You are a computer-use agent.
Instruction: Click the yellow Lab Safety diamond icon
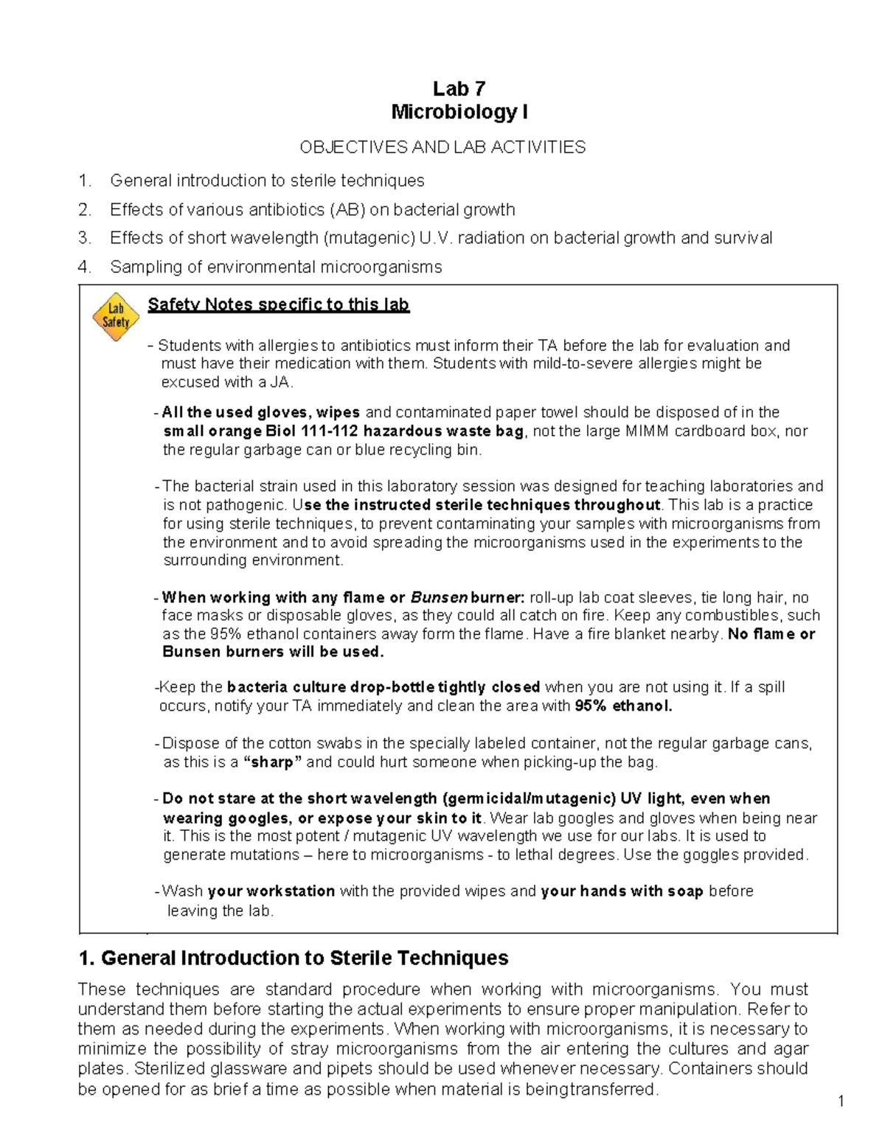tap(116, 317)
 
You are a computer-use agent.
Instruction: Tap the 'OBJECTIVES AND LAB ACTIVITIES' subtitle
tap(442, 147)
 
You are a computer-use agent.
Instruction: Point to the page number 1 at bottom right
tap(841, 1102)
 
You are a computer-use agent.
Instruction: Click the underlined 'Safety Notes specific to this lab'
tap(278, 304)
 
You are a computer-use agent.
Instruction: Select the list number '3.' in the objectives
tap(85, 238)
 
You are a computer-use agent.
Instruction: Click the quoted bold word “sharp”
tap(272, 762)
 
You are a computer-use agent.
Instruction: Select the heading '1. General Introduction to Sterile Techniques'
tap(293, 958)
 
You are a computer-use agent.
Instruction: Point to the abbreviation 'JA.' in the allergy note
tap(282, 382)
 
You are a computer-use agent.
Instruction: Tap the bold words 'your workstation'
tap(271, 891)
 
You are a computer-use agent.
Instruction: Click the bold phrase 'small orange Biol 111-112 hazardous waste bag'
tap(343, 431)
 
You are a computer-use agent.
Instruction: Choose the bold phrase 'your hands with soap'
tap(622, 891)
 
